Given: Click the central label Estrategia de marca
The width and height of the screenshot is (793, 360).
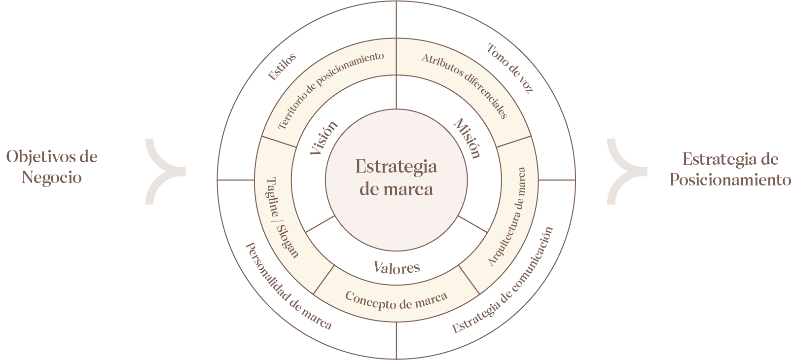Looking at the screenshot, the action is [396, 178].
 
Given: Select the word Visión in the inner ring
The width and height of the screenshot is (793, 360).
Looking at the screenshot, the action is [324, 138].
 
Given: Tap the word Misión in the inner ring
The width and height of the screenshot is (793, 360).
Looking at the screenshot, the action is [467, 138].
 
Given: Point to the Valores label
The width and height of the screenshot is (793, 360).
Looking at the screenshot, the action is [396, 267].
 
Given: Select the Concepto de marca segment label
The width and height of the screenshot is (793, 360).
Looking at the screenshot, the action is [396, 299].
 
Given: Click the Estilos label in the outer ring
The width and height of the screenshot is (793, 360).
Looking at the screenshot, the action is [282, 67].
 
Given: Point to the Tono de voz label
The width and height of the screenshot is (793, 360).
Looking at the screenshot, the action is [510, 69].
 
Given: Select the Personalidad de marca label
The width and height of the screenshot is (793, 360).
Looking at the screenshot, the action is [288, 286].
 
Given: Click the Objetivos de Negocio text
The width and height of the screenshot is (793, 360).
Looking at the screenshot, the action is [51, 167].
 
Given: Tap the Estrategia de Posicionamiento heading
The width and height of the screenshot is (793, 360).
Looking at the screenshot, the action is [730, 170].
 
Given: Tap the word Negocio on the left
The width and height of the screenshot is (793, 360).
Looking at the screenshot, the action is [51, 178].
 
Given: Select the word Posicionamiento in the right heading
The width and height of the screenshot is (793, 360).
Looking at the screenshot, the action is [730, 180].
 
